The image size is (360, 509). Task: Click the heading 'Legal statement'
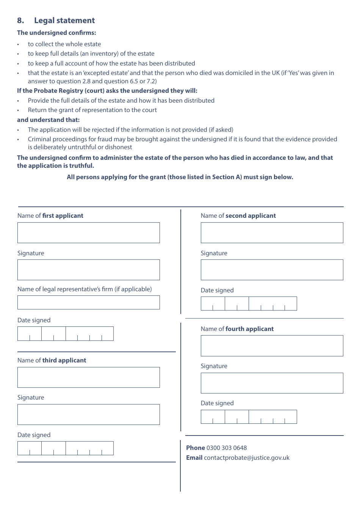(64, 20)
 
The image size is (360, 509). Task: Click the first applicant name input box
(88, 233)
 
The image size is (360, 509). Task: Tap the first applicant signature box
(88, 270)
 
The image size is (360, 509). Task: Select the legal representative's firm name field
(88, 303)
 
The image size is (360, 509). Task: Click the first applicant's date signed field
(65, 334)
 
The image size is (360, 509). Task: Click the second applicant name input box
(272, 233)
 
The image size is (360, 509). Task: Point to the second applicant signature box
(272, 270)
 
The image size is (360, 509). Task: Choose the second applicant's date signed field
(249, 304)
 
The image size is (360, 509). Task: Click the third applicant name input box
(88, 377)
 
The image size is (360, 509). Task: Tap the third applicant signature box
(88, 414)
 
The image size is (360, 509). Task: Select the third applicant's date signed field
(65, 448)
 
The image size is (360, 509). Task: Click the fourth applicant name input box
(272, 346)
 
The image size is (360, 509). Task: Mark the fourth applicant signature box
(272, 383)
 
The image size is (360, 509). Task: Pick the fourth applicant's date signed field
(249, 417)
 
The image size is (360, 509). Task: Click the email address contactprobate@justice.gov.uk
(246, 457)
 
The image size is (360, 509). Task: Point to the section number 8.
(20, 20)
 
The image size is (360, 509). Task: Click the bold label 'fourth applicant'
(249, 329)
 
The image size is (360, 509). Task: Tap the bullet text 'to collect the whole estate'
(64, 44)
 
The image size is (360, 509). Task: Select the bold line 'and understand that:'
(49, 120)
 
